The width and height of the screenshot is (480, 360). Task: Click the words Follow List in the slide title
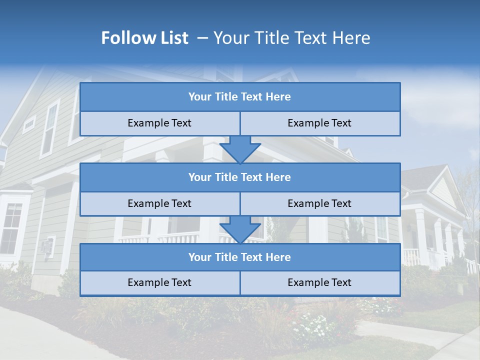(144, 38)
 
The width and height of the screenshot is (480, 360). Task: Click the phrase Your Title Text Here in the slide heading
(291, 38)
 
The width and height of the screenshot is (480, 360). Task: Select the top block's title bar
(239, 97)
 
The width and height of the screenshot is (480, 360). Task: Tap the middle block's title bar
(239, 177)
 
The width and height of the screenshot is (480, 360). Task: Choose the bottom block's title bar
(239, 257)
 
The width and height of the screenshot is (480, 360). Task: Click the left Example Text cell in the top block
(159, 123)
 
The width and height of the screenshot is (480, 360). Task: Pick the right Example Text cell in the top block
(319, 123)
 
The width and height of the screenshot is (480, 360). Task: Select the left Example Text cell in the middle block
(159, 203)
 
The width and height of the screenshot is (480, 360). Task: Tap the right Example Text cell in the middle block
(319, 203)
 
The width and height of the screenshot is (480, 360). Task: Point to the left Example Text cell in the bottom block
(159, 283)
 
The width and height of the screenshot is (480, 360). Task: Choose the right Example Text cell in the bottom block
(319, 283)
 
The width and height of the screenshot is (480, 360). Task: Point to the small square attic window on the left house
(29, 123)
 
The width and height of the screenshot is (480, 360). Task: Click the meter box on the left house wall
(47, 246)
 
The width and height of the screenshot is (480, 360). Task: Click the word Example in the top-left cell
(145, 123)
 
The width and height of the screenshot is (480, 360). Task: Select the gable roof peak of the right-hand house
(442, 172)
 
